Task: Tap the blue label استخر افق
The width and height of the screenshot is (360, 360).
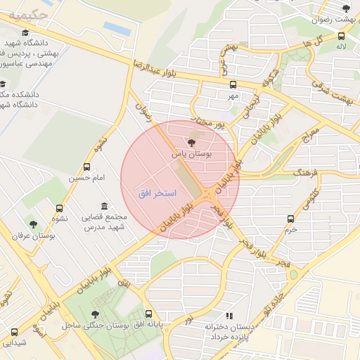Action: (157, 192)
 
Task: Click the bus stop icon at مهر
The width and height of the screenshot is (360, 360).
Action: (233, 82)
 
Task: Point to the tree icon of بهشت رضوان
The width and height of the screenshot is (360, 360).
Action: (345, 8)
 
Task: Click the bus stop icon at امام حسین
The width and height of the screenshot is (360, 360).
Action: (86, 167)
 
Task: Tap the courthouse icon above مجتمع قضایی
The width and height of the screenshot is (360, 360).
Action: (104, 206)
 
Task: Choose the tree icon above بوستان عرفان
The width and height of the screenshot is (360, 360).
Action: (32, 225)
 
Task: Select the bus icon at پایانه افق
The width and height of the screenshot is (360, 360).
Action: (148, 314)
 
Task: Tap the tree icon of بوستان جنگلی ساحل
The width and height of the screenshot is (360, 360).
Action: (95, 314)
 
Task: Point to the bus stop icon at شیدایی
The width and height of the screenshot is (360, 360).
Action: (13, 332)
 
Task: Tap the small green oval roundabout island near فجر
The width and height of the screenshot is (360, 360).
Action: (293, 274)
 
